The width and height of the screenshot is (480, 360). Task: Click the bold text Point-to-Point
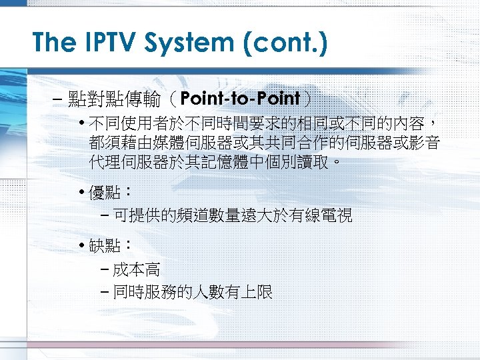point(239,99)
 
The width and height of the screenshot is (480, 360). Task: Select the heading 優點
point(104,193)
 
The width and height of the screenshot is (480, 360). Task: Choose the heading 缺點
point(104,246)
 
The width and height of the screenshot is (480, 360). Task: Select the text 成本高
point(136,269)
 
